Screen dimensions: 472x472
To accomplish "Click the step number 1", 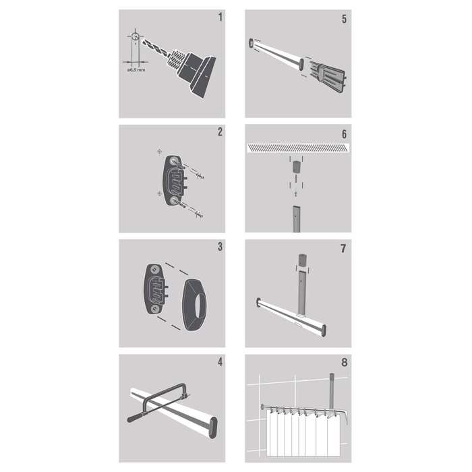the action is [220, 17].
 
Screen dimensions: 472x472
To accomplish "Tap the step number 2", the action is [220, 131].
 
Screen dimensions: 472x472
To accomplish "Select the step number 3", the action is [220, 247].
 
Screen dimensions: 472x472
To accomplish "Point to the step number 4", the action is [220, 362].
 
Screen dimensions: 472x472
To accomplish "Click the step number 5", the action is [344, 19].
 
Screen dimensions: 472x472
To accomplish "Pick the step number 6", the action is [344, 134].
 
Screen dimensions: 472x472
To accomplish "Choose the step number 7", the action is [343, 249].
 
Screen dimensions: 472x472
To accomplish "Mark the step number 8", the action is [344, 363].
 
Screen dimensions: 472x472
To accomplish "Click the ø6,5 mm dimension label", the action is [136, 70].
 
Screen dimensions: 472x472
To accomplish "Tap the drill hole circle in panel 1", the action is [135, 36].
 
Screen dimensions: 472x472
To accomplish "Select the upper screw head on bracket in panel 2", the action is [173, 162].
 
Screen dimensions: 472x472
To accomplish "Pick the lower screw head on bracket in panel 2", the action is [173, 200].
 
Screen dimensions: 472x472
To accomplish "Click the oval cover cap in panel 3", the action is [195, 305].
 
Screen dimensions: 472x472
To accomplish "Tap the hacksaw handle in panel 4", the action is [136, 417].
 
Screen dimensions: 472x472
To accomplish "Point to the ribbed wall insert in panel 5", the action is [328, 77].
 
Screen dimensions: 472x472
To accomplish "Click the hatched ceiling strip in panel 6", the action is [298, 148].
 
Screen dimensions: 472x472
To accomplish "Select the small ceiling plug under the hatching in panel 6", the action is [297, 167].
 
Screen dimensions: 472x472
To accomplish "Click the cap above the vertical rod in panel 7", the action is [302, 260].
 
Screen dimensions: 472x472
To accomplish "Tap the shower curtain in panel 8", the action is [303, 434].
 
